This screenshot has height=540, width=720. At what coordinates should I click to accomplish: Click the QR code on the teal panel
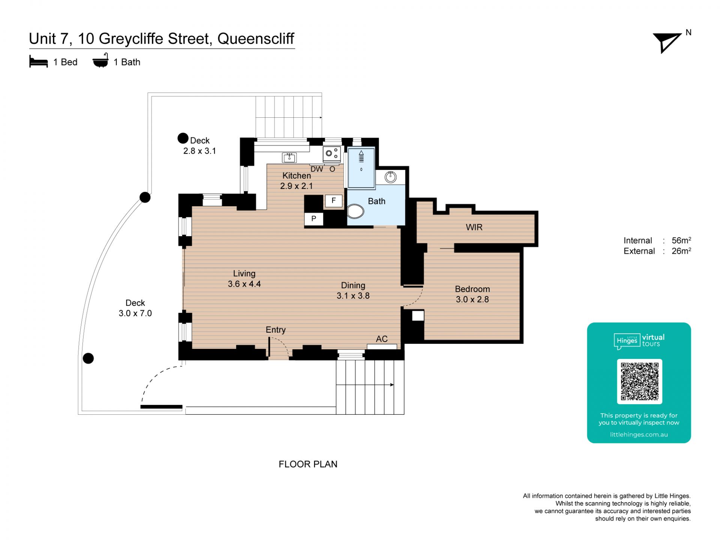tap(639, 381)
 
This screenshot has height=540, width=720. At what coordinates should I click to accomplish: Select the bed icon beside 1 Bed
tap(39, 62)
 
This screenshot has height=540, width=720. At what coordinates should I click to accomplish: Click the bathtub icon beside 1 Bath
tap(100, 61)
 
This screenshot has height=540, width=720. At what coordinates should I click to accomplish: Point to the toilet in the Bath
tap(355, 211)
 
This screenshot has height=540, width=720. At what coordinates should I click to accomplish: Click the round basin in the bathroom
tap(390, 177)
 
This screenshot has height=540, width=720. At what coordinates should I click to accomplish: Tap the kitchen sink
tap(289, 157)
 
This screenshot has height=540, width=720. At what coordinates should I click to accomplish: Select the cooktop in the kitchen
tap(332, 154)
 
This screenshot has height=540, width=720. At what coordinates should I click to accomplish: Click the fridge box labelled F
tap(333, 201)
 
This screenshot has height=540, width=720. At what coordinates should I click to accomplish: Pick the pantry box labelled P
tap(313, 219)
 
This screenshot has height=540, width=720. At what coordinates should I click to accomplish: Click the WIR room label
tap(474, 227)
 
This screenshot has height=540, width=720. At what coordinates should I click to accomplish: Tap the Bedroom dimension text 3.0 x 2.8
tap(472, 299)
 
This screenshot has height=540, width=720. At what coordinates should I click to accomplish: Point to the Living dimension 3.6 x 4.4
tap(244, 284)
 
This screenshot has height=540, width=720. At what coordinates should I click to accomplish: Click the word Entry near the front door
tap(276, 330)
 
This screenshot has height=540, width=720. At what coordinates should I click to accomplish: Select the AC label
tap(382, 339)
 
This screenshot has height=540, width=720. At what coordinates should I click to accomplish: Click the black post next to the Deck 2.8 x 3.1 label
tap(183, 138)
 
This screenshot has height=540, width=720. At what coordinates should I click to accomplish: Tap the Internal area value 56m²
tap(681, 240)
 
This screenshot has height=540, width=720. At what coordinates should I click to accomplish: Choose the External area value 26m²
tap(681, 251)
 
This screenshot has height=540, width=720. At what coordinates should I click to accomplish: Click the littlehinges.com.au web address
tap(639, 435)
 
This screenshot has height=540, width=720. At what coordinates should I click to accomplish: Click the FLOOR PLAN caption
tap(308, 464)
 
